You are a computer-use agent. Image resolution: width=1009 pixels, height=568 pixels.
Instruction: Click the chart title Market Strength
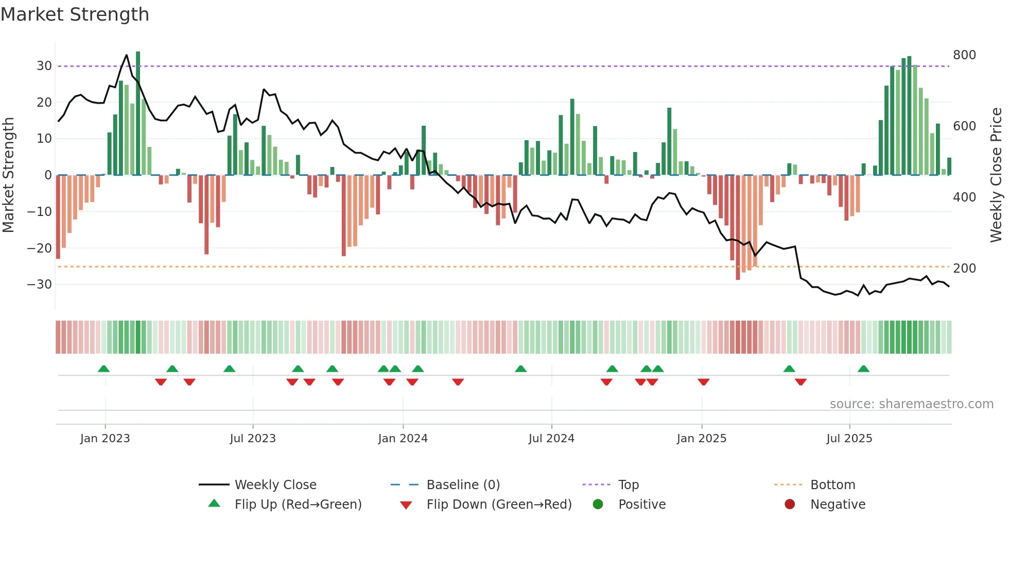[75, 14]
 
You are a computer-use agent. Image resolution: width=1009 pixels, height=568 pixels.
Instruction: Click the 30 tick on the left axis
[44, 66]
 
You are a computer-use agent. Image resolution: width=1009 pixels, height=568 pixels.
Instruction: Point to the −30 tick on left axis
[40, 285]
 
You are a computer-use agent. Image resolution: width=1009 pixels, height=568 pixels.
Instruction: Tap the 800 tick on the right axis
[964, 55]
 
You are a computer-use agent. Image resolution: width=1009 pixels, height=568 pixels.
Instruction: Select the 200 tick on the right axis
[964, 269]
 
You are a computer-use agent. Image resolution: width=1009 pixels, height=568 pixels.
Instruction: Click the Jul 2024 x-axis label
[551, 439]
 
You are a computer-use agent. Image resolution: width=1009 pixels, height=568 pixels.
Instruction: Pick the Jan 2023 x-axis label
[105, 439]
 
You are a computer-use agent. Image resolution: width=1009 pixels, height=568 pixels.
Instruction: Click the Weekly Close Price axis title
[996, 175]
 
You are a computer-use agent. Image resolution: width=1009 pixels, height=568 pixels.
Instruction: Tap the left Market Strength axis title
[8, 175]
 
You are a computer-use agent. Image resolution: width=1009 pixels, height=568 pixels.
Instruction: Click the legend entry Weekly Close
[275, 485]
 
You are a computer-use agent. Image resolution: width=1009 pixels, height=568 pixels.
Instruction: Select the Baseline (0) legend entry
[463, 485]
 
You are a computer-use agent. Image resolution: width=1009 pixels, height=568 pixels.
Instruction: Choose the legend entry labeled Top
[628, 485]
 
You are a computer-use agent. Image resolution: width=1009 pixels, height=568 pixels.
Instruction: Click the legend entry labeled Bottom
[832, 485]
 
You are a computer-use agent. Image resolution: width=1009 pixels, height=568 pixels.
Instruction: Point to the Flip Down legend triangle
[406, 505]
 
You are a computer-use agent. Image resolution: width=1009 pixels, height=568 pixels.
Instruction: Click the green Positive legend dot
[598, 505]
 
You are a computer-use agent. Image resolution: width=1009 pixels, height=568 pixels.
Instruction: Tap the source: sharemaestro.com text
[911, 404]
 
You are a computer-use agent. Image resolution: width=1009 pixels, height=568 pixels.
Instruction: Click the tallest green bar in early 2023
[138, 113]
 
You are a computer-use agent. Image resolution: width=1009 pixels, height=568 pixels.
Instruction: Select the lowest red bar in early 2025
[738, 227]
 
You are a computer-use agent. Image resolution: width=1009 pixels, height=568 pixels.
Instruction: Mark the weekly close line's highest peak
[127, 55]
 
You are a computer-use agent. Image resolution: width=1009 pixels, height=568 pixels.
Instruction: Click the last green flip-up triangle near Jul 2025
[863, 369]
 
